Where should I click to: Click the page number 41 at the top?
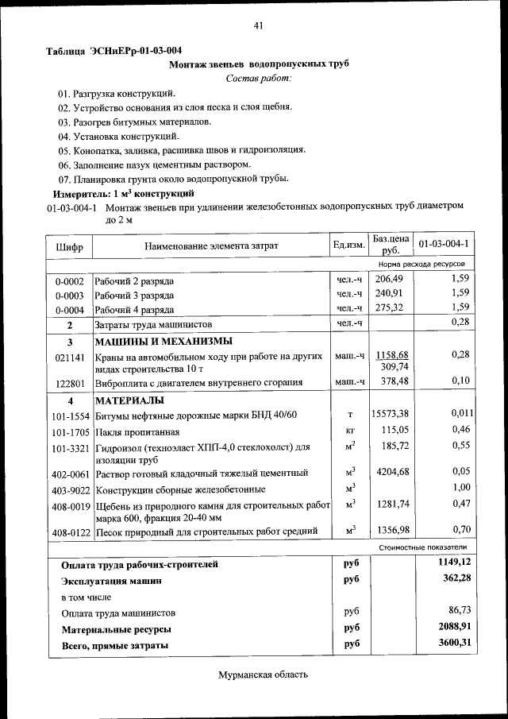(x=258, y=26)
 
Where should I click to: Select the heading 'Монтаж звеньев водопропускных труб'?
(x=259, y=64)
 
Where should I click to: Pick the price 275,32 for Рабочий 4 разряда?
(x=390, y=308)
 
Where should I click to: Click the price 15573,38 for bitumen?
(x=390, y=414)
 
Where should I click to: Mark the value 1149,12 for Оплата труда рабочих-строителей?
(x=455, y=562)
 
